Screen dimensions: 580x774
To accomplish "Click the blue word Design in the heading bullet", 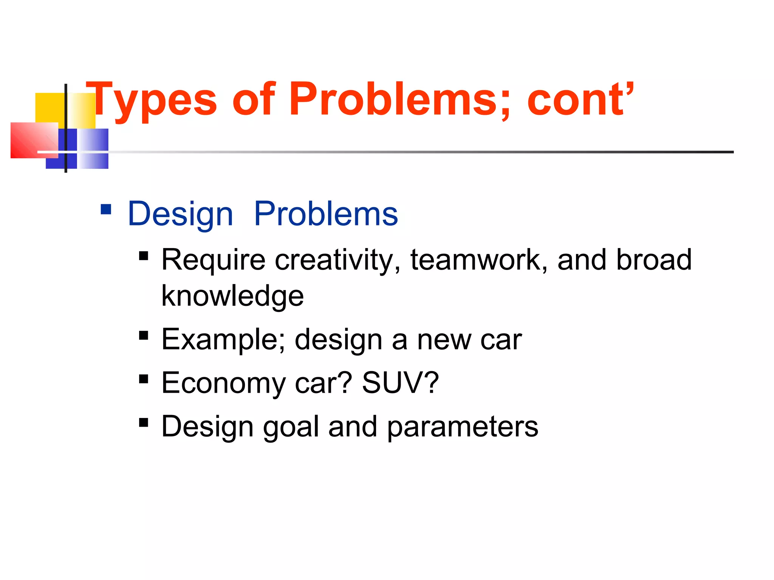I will tap(180, 214).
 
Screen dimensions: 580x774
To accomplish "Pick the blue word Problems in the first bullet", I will tap(326, 214).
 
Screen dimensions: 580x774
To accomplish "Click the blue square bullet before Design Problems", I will tap(106, 209).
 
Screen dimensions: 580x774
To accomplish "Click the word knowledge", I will tap(232, 296).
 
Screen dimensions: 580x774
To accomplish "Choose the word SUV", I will tap(400, 383).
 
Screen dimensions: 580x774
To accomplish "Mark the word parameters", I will tap(463, 427).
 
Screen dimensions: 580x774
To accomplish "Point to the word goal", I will tap(291, 427).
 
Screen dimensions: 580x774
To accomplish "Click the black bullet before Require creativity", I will tap(144, 256).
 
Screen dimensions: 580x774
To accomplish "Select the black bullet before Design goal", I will tap(144, 422).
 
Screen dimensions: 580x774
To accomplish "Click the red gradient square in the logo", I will tap(34, 140).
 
